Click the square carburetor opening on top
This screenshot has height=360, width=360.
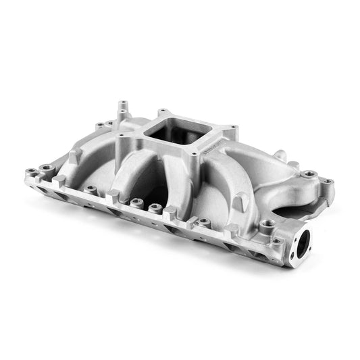coord(178,130)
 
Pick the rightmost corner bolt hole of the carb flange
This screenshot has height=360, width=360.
coord(232,128)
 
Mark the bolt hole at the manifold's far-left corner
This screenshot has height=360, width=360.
coord(30,172)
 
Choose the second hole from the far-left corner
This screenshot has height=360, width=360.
coord(46,167)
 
